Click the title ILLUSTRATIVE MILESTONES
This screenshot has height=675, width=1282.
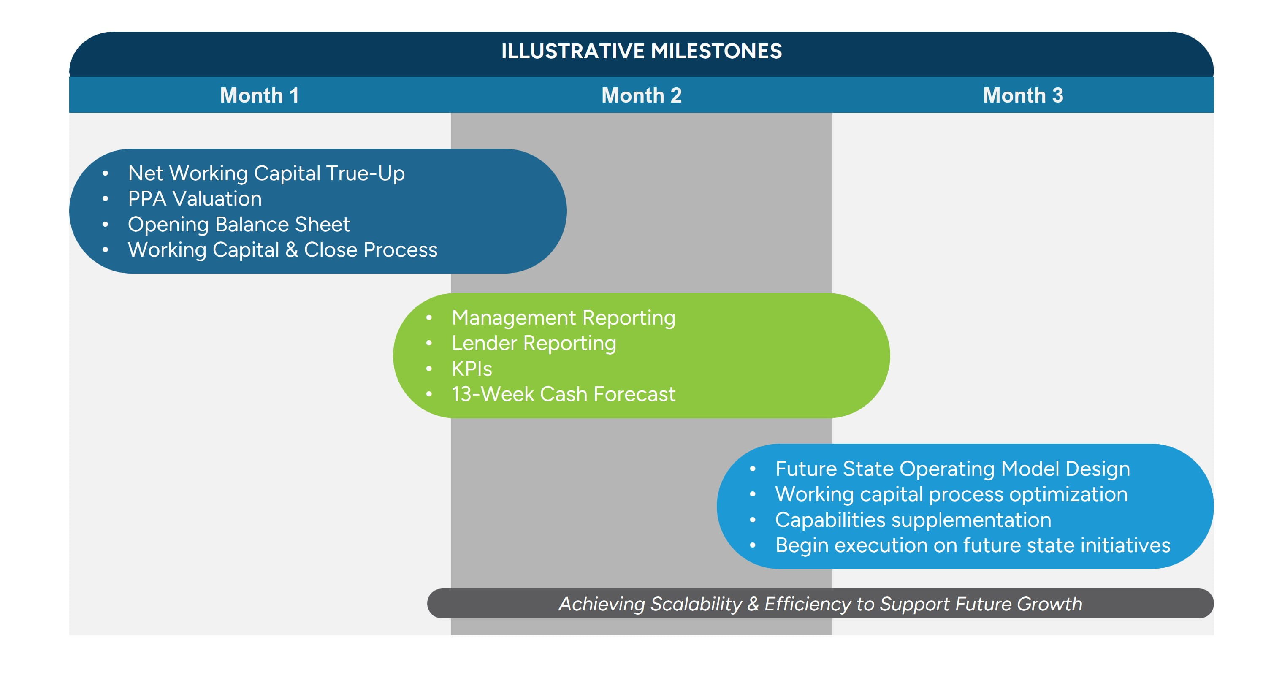coord(641,51)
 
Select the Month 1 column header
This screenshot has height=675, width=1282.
coord(259,95)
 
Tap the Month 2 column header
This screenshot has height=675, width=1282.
coord(641,95)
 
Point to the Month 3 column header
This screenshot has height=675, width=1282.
coord(1023,95)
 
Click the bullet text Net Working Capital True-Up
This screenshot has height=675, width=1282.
coord(266,173)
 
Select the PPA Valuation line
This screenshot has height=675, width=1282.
coord(195,199)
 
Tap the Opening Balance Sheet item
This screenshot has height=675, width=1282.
coord(239,225)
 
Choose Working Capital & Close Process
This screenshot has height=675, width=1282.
coord(282,250)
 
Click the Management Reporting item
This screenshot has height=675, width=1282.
coord(564,317)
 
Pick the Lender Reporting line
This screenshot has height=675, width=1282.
coord(534,343)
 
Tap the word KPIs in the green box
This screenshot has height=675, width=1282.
coord(471,369)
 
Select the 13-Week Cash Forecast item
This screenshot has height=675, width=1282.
coord(564,394)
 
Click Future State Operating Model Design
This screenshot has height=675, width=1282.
coord(952,469)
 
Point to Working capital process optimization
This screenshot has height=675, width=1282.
coord(951,494)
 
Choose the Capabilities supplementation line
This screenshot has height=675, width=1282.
coord(913,520)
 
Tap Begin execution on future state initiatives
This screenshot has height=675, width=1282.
coord(973,545)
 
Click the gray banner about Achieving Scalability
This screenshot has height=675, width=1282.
coord(820,603)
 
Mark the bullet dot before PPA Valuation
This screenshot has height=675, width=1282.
coord(105,199)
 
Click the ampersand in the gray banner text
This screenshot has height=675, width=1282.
coord(753,604)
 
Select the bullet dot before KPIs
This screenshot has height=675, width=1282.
coord(429,369)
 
